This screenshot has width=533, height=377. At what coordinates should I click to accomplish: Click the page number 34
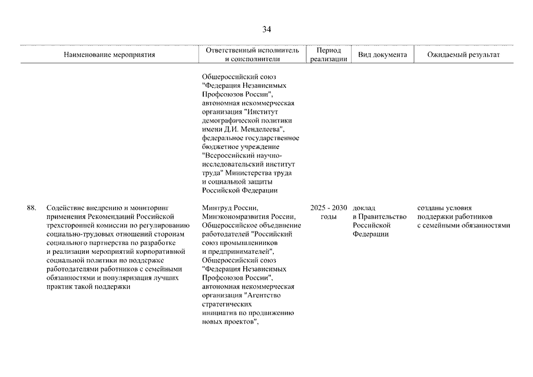pyautogui.click(x=267, y=29)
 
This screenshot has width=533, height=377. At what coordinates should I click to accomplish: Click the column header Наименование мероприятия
pyautogui.click(x=110, y=55)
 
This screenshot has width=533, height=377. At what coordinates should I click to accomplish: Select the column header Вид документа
pyautogui.click(x=382, y=55)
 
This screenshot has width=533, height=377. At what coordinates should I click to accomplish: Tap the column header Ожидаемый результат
pyautogui.click(x=464, y=55)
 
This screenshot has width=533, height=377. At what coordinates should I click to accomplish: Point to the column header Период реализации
pyautogui.click(x=329, y=55)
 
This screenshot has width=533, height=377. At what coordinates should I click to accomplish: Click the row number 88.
pyautogui.click(x=32, y=208)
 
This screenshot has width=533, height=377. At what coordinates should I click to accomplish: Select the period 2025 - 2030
pyautogui.click(x=329, y=208)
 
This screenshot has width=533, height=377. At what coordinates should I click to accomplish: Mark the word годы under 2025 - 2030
pyautogui.click(x=329, y=217)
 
